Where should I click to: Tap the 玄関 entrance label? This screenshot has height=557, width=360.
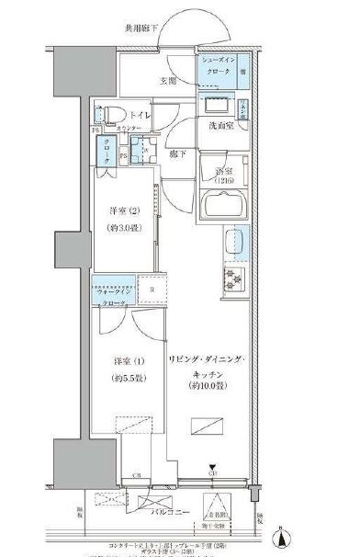(167, 81)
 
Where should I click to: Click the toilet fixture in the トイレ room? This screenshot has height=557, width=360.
(108, 116)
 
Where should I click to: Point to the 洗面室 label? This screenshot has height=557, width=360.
(219, 125)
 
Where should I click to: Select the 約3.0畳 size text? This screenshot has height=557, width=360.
(123, 229)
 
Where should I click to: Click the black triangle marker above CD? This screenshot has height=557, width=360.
(212, 467)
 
